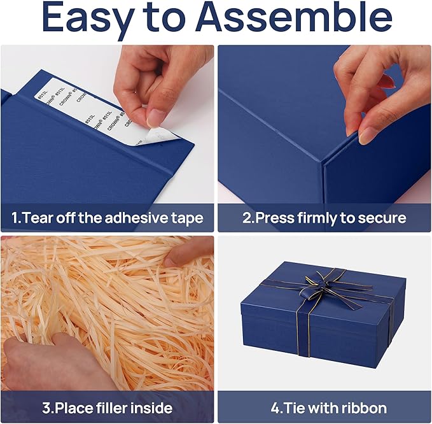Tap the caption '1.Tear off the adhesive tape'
tap(107, 218)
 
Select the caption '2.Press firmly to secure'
tap(324, 218)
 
